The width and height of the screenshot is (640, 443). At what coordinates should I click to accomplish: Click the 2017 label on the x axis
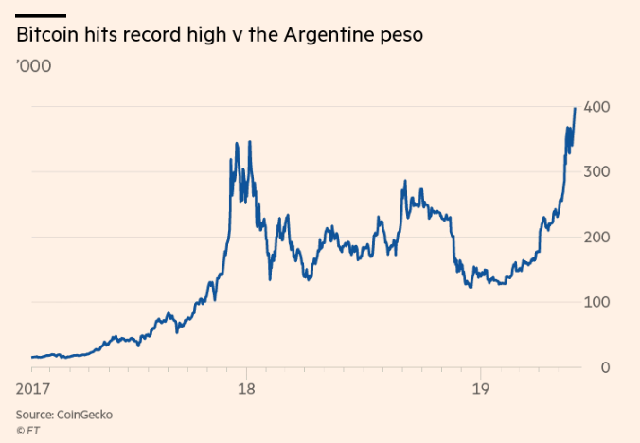33,388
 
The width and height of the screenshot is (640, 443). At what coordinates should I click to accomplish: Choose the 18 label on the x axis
246,388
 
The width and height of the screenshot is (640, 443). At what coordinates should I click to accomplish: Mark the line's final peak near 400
575,109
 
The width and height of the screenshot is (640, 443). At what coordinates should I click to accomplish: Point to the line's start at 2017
32,357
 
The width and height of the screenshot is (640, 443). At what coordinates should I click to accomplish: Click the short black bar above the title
41,15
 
